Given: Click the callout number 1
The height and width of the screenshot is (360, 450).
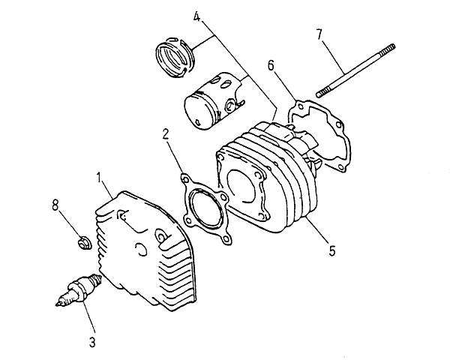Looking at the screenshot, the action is (x=99, y=178).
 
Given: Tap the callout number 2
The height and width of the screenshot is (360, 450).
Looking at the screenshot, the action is (x=166, y=134).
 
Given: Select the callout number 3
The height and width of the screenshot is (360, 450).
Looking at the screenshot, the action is (x=92, y=342).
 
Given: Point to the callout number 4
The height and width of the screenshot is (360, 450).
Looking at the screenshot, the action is (x=196, y=16).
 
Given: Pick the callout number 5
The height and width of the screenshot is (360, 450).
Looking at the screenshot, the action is (x=332, y=251).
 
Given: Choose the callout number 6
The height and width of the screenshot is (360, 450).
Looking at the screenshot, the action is (x=271, y=65).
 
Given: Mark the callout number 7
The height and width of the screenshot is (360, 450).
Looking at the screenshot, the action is (x=320, y=34).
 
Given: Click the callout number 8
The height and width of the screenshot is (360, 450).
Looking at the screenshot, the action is (x=55, y=205).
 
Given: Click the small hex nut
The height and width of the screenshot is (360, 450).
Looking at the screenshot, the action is (x=84, y=242).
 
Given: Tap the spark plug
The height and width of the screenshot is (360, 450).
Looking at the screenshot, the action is (x=79, y=289).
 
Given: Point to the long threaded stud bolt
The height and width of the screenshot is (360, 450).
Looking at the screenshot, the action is (x=355, y=70).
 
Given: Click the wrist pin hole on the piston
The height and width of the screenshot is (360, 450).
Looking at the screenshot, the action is (x=229, y=105).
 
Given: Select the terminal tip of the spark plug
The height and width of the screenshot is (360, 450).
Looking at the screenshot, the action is (x=58, y=304).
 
